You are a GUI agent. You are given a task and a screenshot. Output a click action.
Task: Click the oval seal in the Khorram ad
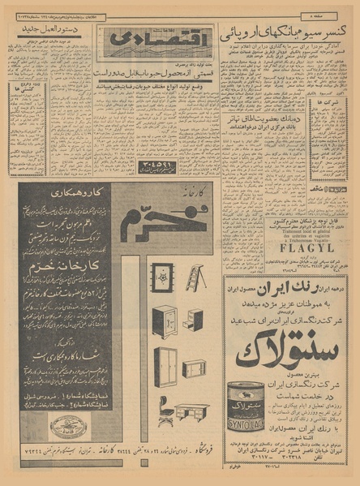[x=66, y=428]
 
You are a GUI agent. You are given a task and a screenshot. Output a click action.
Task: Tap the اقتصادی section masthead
[x=134, y=41]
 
